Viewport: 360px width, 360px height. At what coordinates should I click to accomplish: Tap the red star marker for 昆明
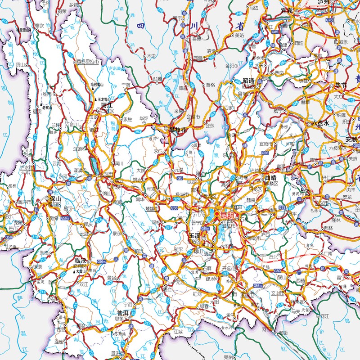[217, 214]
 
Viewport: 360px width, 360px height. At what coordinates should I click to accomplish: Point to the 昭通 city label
[248, 81]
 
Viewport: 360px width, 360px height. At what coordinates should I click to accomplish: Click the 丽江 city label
[107, 105]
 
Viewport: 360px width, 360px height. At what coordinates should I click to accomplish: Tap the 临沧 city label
[81, 261]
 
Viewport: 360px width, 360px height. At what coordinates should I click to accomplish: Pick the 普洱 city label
[123, 312]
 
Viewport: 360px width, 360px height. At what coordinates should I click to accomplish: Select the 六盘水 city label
[321, 123]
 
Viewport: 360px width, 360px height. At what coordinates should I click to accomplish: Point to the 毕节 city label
[340, 85]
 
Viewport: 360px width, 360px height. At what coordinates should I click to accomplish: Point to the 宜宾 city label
[287, 11]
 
